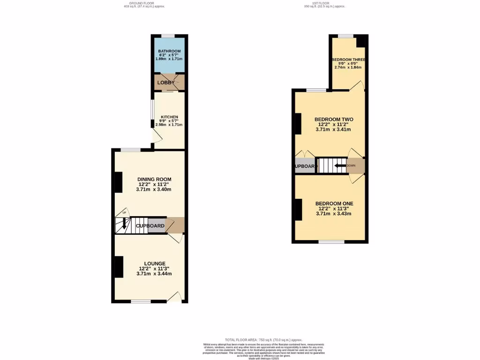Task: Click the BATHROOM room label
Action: (x=169, y=51)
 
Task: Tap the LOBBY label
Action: (x=165, y=82)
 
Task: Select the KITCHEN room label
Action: (x=169, y=117)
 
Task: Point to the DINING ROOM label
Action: (x=154, y=179)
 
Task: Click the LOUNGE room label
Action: (x=154, y=263)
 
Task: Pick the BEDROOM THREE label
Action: (x=348, y=60)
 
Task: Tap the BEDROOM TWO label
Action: (x=333, y=119)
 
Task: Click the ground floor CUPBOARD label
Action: (x=150, y=226)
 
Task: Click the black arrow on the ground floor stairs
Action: (x=124, y=224)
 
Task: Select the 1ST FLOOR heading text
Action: (x=323, y=3)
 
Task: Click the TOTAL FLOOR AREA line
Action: (x=263, y=340)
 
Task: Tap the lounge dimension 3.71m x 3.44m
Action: (x=154, y=274)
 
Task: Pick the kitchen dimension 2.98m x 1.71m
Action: (x=169, y=125)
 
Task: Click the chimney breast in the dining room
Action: (x=119, y=182)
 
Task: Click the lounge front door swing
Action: (x=175, y=297)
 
